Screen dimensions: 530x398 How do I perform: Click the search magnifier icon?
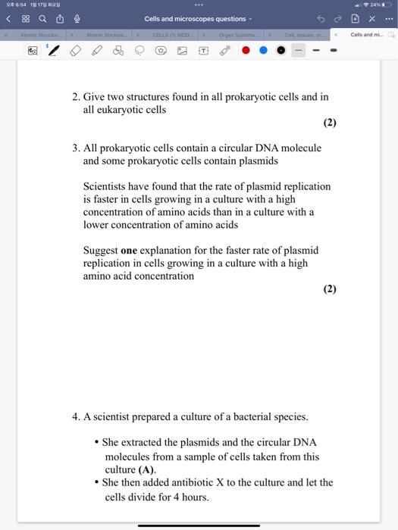tap(41, 19)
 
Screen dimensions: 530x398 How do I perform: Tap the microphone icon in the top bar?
tap(77, 19)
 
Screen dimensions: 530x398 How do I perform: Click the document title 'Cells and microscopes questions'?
tap(196, 19)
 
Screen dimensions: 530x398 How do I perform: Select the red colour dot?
tap(246, 51)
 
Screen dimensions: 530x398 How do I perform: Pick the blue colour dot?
tap(263, 51)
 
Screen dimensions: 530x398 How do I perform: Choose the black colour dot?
tap(280, 51)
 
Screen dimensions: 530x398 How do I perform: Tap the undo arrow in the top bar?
tap(320, 19)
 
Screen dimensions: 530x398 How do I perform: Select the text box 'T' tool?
tap(203, 51)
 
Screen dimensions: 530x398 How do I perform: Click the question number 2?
tap(76, 97)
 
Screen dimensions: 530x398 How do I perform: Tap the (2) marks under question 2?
tap(330, 123)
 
